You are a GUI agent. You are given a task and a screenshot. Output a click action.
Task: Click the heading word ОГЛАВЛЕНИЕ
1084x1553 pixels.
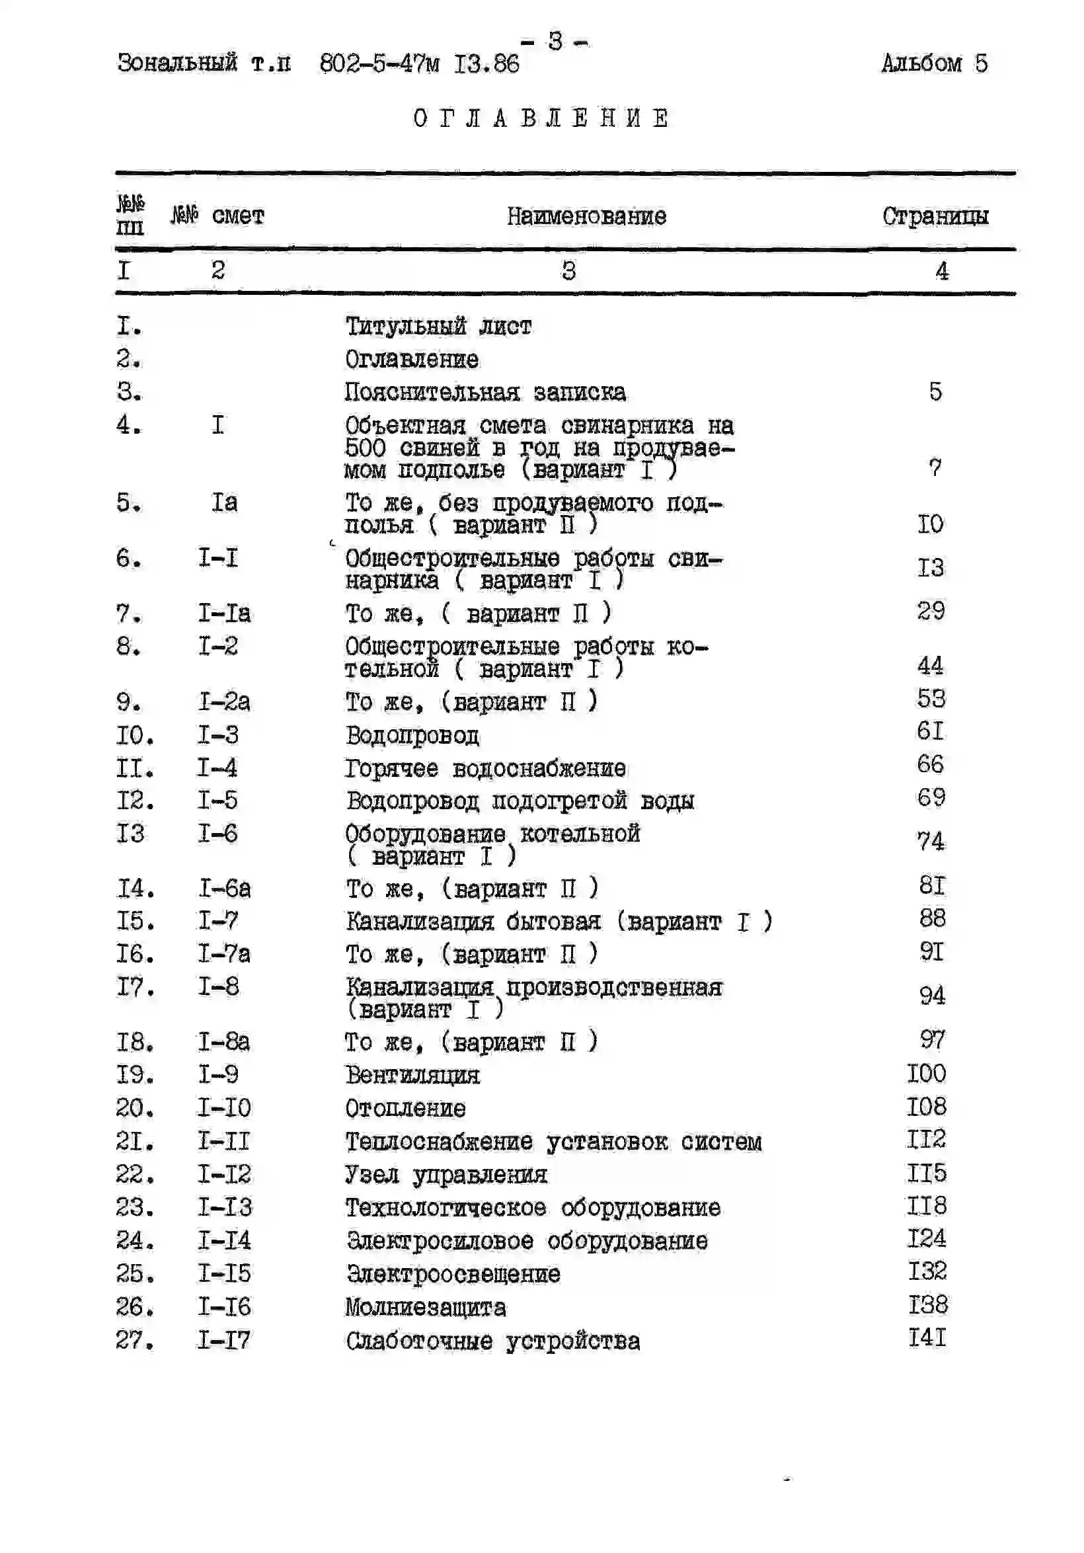pos(541,118)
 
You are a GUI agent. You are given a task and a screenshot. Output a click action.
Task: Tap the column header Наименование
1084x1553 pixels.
pos(586,216)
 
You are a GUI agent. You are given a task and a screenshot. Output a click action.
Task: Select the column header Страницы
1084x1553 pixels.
pos(935,216)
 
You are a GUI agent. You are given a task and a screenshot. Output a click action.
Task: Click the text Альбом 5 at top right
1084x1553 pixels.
pos(934,63)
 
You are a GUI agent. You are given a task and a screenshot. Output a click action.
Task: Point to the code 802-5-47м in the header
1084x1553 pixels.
pos(379,64)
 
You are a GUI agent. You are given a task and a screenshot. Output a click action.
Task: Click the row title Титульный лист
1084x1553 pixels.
pos(438,327)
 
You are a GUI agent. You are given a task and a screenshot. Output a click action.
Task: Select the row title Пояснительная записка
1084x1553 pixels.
pos(485,392)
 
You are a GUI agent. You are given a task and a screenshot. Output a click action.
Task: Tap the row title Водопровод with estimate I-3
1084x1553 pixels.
pos(412,735)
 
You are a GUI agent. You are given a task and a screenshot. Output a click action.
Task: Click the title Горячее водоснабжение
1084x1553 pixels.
pos(485,768)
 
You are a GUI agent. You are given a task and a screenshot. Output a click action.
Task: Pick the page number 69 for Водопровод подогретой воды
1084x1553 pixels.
pos(931,798)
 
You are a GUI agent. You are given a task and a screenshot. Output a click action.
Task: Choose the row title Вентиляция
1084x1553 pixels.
pos(412,1076)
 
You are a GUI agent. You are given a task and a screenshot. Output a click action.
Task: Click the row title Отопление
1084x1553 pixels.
pos(405,1109)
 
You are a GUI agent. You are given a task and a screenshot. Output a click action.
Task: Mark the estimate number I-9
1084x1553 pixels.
pos(217,1075)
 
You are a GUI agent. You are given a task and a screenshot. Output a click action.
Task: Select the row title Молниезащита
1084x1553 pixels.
pos(426,1308)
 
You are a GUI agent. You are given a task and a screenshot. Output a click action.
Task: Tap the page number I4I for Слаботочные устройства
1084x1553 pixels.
pos(927,1338)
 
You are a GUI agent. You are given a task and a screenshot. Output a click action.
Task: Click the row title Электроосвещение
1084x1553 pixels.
pos(453,1274)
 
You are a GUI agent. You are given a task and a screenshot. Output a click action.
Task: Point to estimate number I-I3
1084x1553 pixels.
pos(225,1207)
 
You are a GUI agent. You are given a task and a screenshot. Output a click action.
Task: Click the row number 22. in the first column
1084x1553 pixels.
pos(135,1174)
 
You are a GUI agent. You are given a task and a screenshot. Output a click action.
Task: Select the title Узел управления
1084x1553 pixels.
pos(445,1175)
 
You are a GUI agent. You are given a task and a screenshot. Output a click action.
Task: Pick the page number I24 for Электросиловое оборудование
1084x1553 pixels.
pos(927,1238)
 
